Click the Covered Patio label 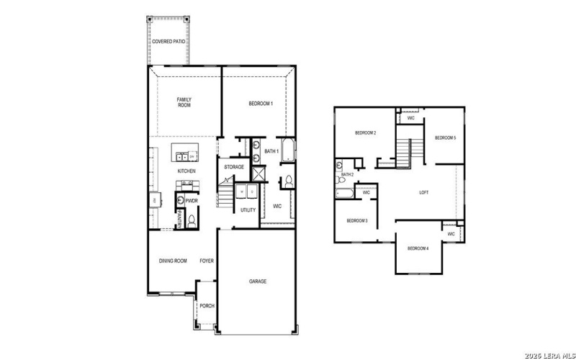coord(168,42)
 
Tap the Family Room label coord(184,102)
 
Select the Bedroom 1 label coord(261,104)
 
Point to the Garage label coord(258,281)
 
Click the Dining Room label coord(173,261)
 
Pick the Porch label coord(207,305)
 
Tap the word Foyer coord(207,261)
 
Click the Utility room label coord(248,210)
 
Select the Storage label coord(233,167)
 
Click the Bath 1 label coord(271,151)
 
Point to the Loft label coord(425,192)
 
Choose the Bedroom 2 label coord(366,133)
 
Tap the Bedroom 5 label coord(445,138)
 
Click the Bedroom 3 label coord(357,220)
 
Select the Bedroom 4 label coord(418,248)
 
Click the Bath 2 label coord(347,174)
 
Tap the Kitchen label coord(186,171)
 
